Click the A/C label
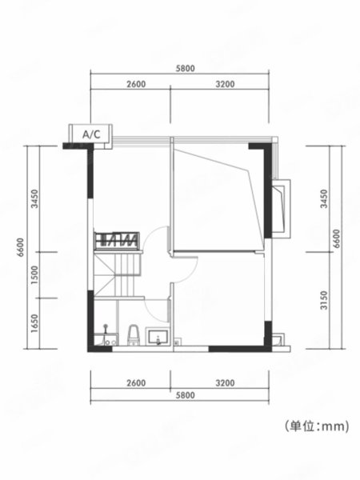pos(91,134)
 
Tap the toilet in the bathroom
pos(134,335)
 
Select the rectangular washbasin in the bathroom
pos(158,337)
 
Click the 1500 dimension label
pos(35,274)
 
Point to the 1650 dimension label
pos(35,323)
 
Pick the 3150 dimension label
pos(324,300)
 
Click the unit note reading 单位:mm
pos(317,426)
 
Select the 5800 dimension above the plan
pos(185,68)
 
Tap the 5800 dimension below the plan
pos(185,395)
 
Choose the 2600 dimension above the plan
pos(136,83)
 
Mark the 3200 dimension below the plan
pos(225,382)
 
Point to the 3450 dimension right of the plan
pos(324,199)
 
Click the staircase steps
pos(118,274)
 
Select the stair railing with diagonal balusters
pos(117,240)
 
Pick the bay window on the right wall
pos(281,208)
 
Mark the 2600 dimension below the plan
pos(136,382)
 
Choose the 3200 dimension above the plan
pos(225,83)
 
